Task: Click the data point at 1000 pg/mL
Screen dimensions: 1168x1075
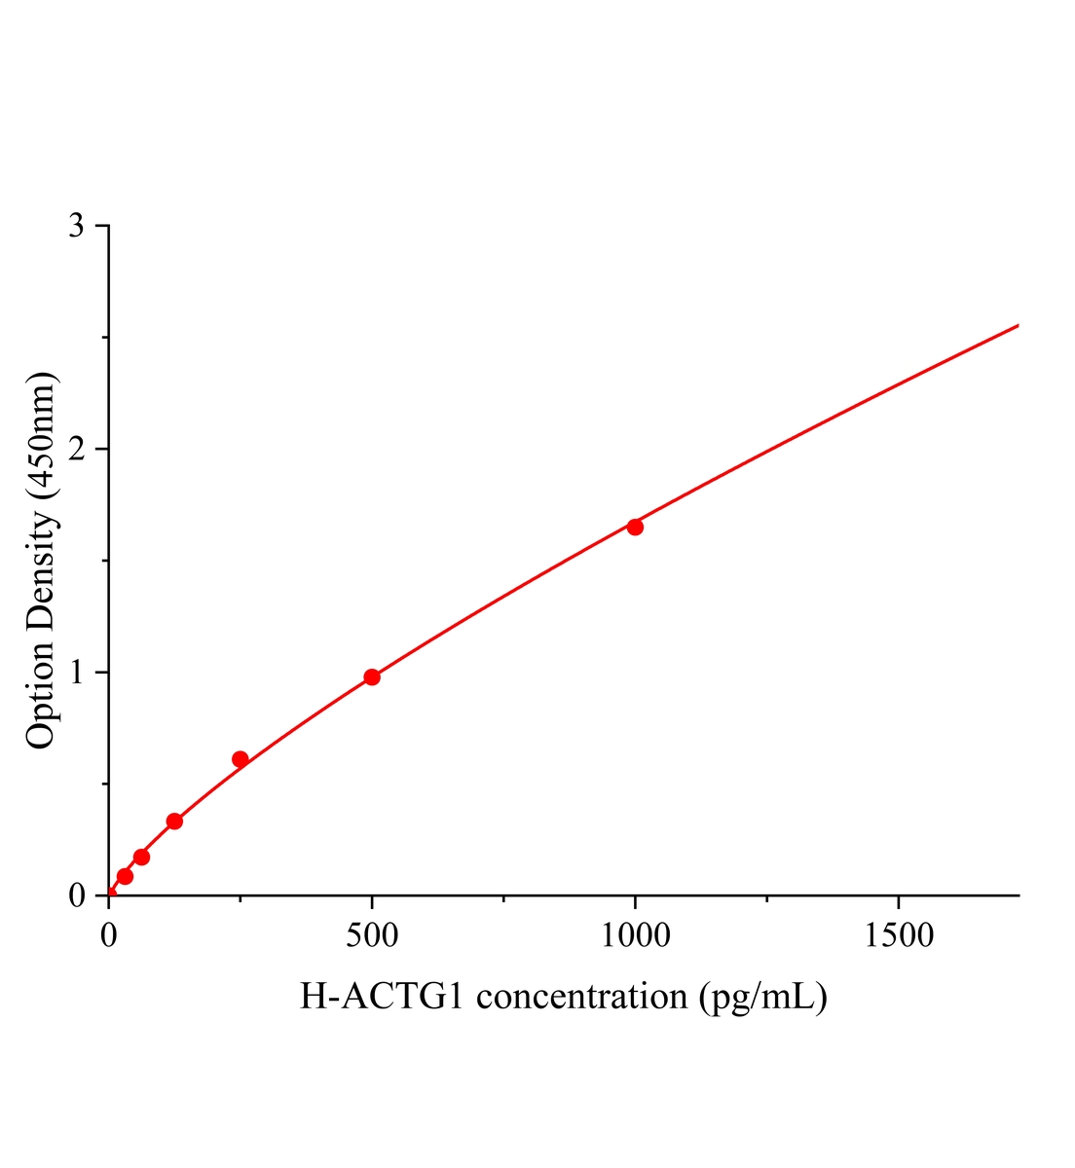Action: click(x=635, y=527)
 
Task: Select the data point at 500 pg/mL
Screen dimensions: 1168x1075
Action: click(x=372, y=677)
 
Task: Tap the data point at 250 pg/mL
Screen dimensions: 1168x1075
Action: click(x=241, y=759)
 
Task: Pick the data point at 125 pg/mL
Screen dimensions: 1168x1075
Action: click(x=174, y=821)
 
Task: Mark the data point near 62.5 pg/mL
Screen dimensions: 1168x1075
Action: click(x=141, y=857)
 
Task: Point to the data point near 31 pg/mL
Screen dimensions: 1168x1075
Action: click(x=125, y=876)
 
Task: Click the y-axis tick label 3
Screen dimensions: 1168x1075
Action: click(x=76, y=227)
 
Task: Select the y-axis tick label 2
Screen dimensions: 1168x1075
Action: click(x=76, y=450)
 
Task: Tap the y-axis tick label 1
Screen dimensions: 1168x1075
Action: click(x=76, y=673)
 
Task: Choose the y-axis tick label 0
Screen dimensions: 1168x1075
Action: click(x=76, y=895)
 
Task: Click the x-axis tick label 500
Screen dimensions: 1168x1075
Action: click(x=372, y=936)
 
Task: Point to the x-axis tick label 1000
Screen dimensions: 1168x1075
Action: click(x=635, y=936)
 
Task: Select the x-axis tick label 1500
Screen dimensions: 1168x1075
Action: click(x=897, y=936)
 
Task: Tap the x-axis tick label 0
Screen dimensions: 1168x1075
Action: click(x=109, y=936)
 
